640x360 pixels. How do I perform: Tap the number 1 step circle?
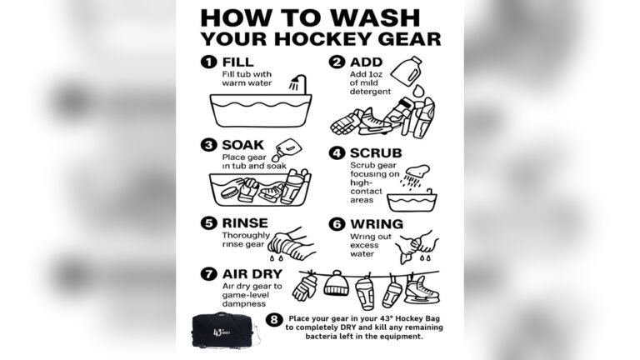[x=208, y=62]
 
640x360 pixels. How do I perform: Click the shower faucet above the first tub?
[x=295, y=83]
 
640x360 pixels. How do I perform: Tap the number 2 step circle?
[x=337, y=62]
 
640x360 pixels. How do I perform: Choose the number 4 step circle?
[x=337, y=153]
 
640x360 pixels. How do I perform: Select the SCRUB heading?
[x=377, y=153]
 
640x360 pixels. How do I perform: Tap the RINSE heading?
[x=245, y=224]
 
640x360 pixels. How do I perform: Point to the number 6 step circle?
[x=337, y=224]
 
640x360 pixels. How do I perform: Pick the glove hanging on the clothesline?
[x=306, y=288]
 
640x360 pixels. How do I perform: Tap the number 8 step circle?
[x=274, y=318]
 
